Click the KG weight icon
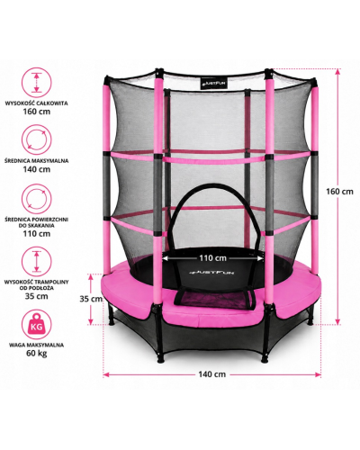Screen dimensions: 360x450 (37, 324)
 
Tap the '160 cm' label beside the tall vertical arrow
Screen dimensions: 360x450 (339, 192)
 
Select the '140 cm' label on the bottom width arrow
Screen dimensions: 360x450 (211, 374)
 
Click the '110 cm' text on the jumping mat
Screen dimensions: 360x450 (213, 257)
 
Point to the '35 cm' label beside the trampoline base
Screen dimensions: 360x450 (91, 299)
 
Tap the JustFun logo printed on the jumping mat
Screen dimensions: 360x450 (212, 273)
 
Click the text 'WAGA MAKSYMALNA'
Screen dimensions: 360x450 (36, 345)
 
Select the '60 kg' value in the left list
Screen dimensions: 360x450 (37, 353)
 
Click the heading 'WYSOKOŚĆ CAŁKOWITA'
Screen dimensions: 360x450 (37, 103)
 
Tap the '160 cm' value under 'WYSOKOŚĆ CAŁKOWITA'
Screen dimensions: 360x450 (37, 112)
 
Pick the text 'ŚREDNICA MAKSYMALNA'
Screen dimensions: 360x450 (37, 161)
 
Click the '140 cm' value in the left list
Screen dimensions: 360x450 (37, 169)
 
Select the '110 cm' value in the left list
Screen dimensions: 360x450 (37, 234)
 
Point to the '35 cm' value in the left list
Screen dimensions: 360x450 (37, 296)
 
